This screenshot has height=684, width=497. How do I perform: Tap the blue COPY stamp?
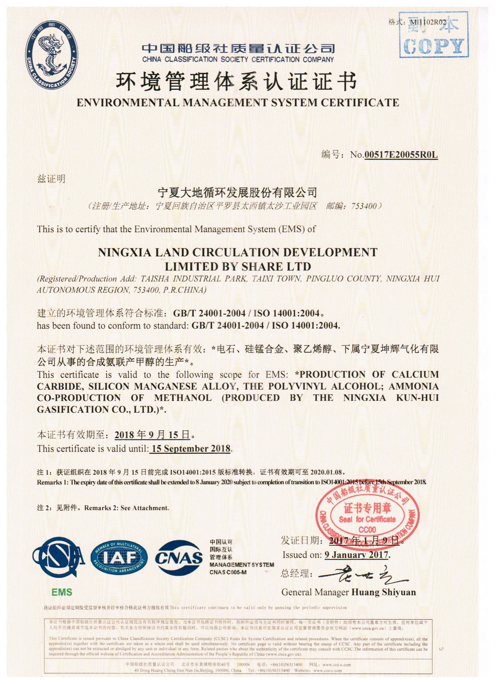(x=434, y=35)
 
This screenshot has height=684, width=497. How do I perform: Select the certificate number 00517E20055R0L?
(x=401, y=155)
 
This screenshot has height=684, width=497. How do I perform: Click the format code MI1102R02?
(x=428, y=22)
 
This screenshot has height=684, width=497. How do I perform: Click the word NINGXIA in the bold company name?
(x=124, y=252)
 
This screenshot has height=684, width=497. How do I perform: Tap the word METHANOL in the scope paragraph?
(x=183, y=398)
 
